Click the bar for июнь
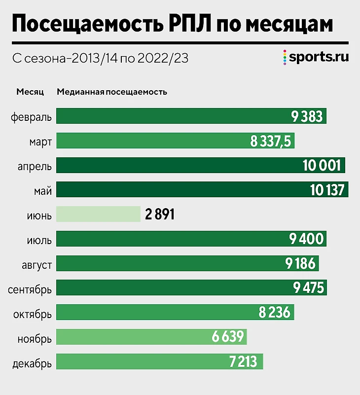(x=99, y=215)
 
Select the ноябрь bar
(x=151, y=337)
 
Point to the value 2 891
(x=159, y=215)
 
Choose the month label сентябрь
(x=30, y=288)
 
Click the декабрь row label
(x=31, y=362)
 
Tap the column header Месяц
(x=30, y=92)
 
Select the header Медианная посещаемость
(x=112, y=92)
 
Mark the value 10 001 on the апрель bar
(x=322, y=166)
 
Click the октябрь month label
(x=32, y=313)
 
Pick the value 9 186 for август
(x=300, y=264)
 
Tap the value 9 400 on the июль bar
(x=306, y=240)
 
